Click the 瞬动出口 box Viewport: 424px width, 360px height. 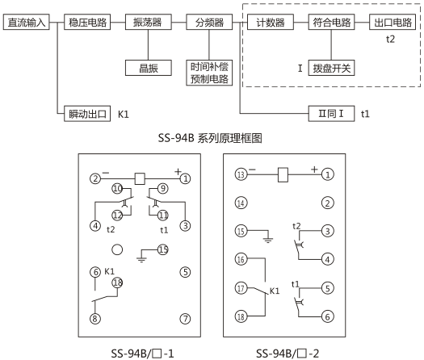click(87, 113)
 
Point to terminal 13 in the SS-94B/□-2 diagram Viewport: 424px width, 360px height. click(241, 174)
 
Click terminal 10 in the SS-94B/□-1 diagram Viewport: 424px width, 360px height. click(118, 189)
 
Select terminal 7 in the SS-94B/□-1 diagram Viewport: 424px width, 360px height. click(185, 318)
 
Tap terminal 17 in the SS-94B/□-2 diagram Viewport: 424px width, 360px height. click(241, 287)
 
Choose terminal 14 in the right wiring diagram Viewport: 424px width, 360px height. click(241, 203)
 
